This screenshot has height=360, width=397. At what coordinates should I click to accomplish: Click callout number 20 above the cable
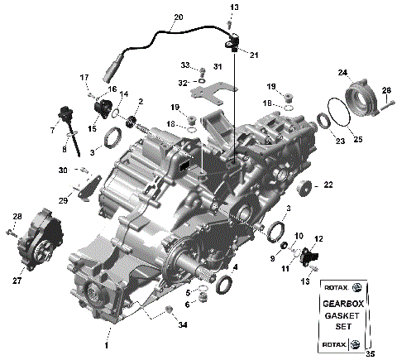tap(179, 17)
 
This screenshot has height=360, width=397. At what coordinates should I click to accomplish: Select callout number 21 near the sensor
tap(253, 55)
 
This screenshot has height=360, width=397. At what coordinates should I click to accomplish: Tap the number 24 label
tap(342, 72)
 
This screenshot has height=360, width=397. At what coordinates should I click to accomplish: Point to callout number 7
tap(52, 131)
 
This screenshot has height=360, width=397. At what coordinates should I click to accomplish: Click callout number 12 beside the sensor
tap(318, 238)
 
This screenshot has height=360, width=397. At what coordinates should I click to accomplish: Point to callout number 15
tap(92, 129)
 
